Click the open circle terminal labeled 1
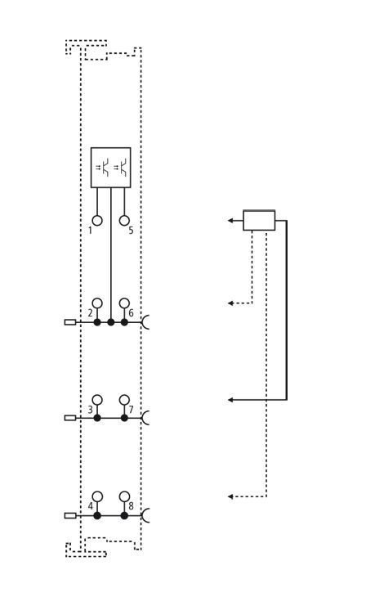97,221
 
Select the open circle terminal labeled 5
124,221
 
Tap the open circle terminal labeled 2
97,303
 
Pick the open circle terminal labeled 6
124,303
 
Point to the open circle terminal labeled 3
97,400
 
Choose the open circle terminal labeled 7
124,400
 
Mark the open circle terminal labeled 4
97,496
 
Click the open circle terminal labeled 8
124,496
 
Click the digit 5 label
131,231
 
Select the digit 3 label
90,410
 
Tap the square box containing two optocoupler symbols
110,168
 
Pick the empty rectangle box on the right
259,220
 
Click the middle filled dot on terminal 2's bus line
110,322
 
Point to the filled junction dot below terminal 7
124,418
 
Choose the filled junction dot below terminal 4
97,515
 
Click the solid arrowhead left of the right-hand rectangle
230,220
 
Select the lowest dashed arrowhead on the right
230,496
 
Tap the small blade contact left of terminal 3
70,418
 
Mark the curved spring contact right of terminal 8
145,515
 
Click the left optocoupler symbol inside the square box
102,167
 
